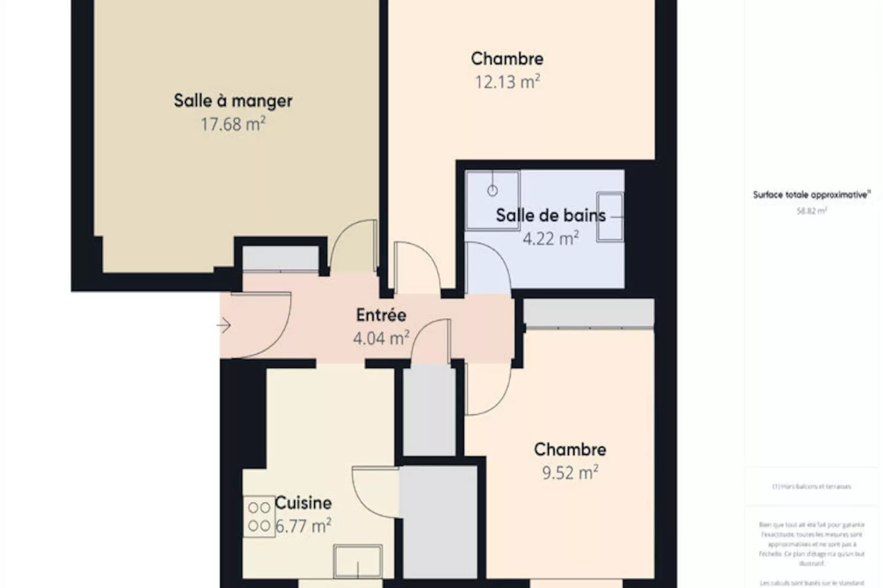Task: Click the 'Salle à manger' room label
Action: (x=233, y=101)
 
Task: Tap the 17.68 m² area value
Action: (x=233, y=124)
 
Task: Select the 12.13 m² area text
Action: (x=507, y=82)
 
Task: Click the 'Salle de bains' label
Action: (x=550, y=215)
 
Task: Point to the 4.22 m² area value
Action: (x=550, y=238)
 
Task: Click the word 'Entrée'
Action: (x=381, y=315)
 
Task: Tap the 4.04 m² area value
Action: (x=381, y=338)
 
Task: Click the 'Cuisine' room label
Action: (x=303, y=503)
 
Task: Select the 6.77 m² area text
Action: (x=303, y=526)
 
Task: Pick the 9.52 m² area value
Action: (x=570, y=473)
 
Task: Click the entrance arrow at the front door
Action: (x=223, y=325)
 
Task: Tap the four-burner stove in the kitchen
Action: (x=259, y=517)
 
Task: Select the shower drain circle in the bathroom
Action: (x=493, y=191)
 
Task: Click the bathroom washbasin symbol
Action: (x=610, y=217)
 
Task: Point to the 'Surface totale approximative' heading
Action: (x=812, y=195)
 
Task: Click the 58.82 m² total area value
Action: (x=812, y=211)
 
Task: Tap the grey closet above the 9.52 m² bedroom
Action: (x=588, y=313)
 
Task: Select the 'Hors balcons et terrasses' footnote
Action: (x=812, y=486)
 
